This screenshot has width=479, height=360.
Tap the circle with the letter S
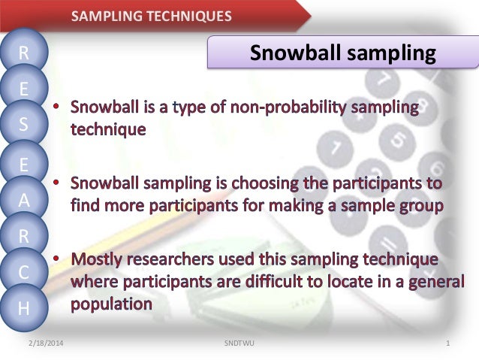pos(24,125)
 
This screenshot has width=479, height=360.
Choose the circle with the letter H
pos(24,307)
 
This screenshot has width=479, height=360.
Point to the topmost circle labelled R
pos(24,53)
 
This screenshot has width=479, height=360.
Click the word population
pos(112,304)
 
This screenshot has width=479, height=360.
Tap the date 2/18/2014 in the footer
pos(46,343)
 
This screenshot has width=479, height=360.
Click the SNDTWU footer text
pos(239,343)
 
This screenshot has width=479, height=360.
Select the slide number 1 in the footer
pos(447,343)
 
